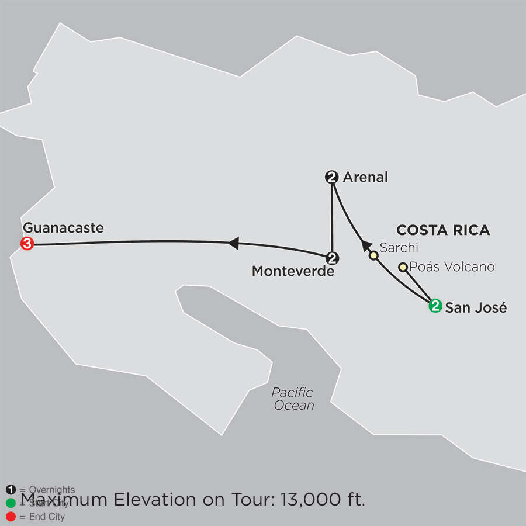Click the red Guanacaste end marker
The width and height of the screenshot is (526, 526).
(26, 244)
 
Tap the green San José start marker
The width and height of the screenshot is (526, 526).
(435, 304)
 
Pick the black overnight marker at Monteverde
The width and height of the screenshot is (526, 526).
(332, 257)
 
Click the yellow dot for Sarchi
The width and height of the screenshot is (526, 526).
(373, 255)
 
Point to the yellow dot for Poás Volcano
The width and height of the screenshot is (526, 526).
(403, 267)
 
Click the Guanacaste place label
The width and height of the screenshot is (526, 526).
(63, 228)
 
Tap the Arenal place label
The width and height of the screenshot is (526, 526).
(366, 177)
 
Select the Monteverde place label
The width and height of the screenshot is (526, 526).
(293, 271)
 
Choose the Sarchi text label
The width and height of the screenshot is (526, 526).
(399, 248)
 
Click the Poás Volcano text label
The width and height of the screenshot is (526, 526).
(452, 267)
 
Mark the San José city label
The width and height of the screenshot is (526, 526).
(476, 308)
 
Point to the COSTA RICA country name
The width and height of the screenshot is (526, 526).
(443, 230)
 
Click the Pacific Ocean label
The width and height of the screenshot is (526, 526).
(293, 399)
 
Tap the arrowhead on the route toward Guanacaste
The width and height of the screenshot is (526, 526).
(233, 243)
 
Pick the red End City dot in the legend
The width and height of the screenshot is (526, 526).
(11, 517)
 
